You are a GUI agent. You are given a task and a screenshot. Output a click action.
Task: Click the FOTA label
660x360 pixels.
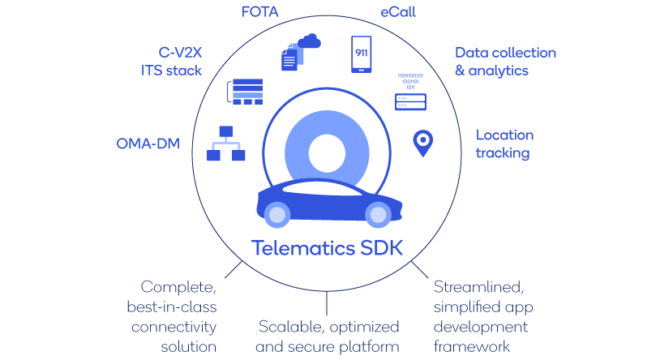coord(259,12)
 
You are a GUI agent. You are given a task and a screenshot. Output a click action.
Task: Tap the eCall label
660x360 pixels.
coord(398,12)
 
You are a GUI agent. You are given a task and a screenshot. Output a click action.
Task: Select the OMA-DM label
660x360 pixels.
coord(148,144)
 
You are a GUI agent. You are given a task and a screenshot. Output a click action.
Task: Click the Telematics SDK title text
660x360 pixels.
coord(327,247)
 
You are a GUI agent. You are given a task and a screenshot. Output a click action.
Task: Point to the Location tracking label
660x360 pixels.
coord(504,144)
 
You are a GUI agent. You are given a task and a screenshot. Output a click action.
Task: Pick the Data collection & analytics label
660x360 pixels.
coord(505,62)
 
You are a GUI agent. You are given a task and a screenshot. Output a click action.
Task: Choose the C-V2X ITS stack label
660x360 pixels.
coord(171,62)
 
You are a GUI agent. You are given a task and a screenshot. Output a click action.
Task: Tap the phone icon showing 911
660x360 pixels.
coord(362,54)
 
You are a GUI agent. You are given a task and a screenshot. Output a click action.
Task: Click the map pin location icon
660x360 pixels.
coord(423,144)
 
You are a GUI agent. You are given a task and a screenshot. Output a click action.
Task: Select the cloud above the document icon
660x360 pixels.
coord(310,41)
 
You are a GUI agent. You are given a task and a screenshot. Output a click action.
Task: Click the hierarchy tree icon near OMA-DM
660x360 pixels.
coord(226,144)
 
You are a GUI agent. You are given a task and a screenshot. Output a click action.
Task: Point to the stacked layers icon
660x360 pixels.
coord(246,92)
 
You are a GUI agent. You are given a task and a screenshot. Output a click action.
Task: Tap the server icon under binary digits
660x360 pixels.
coord(410,102)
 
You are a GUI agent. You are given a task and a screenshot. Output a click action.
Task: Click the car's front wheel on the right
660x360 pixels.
coord(378,215)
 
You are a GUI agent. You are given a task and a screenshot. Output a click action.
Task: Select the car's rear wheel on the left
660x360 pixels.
coord(277,215)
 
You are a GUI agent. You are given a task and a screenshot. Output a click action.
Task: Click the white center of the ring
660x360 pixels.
coord(327,153)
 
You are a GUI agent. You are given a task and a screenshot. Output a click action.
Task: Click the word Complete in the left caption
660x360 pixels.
coord(178,287)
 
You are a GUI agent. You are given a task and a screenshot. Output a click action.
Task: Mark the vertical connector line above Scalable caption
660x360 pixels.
coord(327,303)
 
